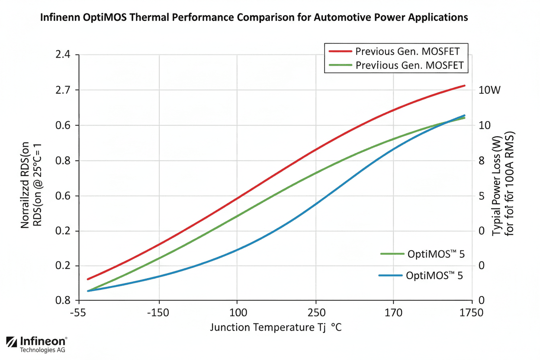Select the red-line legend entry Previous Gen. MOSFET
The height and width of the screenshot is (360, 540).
pyautogui.click(x=407, y=51)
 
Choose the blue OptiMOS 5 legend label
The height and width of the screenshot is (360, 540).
pyautogui.click(x=434, y=276)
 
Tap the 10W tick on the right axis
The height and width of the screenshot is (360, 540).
pyautogui.click(x=489, y=90)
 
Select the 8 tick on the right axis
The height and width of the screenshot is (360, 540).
pyautogui.click(x=481, y=161)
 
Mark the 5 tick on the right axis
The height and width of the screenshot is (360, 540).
pyautogui.click(x=481, y=196)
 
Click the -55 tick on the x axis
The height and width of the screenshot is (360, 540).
pyautogui.click(x=78, y=312)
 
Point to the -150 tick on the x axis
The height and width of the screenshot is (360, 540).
pyautogui.click(x=159, y=312)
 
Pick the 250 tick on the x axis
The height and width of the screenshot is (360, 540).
pyautogui.click(x=316, y=312)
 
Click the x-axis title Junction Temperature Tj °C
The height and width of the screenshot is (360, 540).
pyautogui.click(x=276, y=327)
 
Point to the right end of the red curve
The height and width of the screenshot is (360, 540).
pyautogui.click(x=464, y=86)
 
